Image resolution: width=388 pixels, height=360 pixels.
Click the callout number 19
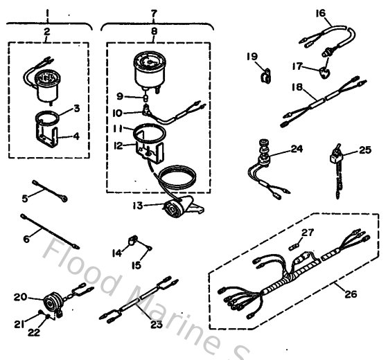point(252,55)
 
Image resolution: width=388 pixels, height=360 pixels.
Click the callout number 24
point(297,147)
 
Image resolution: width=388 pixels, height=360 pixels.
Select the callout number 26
point(351,294)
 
